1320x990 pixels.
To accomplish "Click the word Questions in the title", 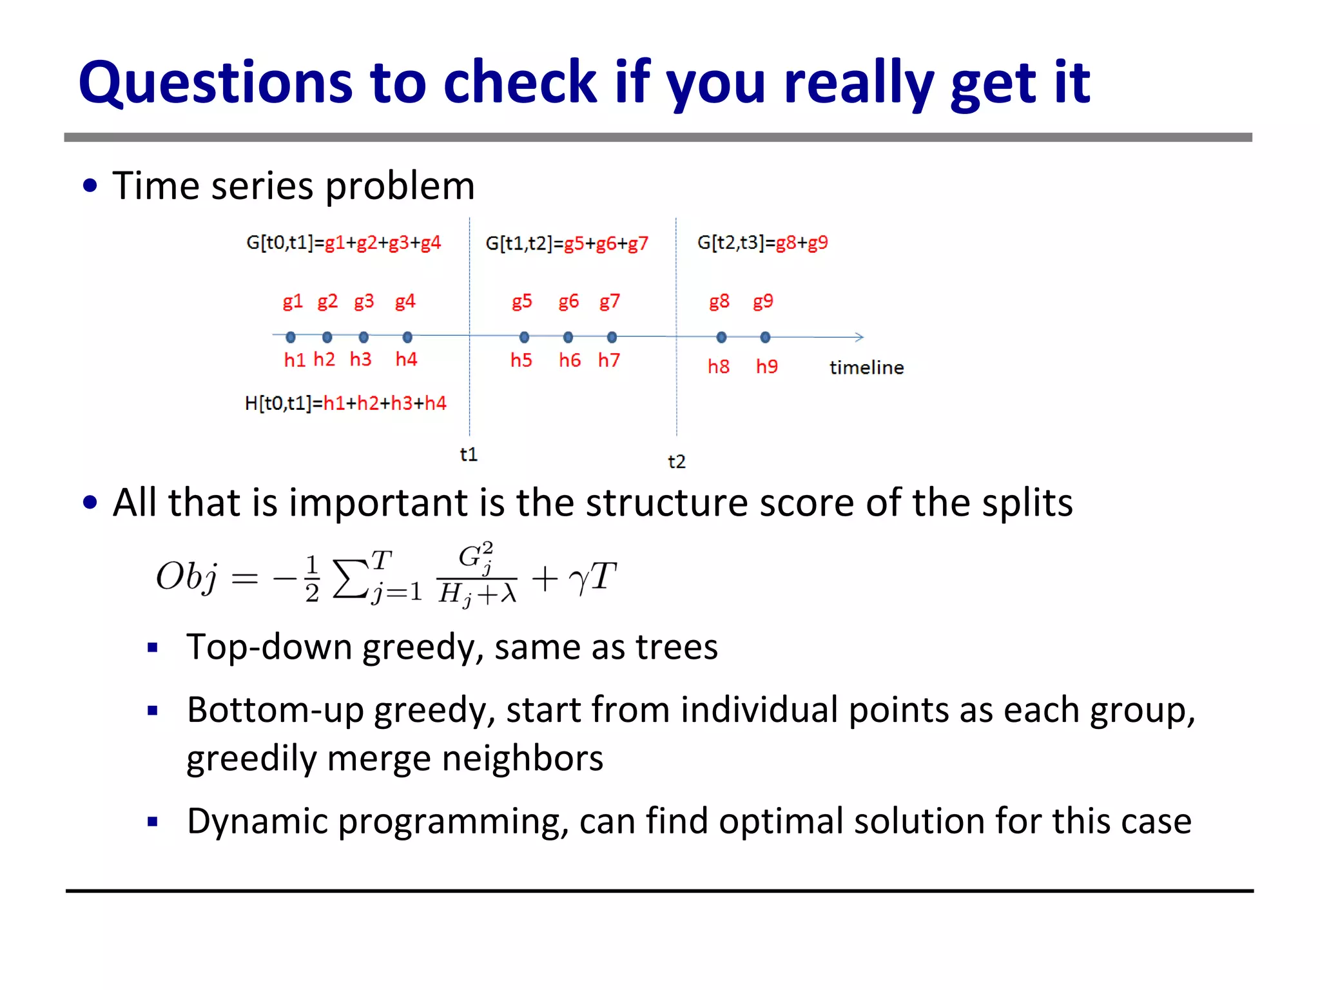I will pos(215,84).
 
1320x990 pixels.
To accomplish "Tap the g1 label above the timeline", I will pos(292,302).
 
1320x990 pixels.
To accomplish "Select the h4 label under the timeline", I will pos(406,359).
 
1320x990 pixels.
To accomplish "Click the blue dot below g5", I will pos(524,337).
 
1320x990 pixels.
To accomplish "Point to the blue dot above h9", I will pos(765,337).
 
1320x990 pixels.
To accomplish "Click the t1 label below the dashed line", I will pos(469,454).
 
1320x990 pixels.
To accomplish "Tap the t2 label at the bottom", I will pos(676,461).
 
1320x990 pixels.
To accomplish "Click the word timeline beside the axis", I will pos(866,367).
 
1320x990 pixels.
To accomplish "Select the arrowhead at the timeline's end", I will pos(859,337).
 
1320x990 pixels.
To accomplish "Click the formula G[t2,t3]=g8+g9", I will pos(762,243).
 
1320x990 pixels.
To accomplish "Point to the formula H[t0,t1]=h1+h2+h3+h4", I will pos(345,403).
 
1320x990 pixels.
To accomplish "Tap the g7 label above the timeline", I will pos(609,302).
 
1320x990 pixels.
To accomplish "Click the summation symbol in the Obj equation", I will pos(350,577).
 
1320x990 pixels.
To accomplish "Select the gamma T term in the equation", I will pos(592,577).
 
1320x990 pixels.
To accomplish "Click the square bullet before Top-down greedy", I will pos(153,648).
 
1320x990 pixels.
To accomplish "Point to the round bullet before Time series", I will pos(90,186).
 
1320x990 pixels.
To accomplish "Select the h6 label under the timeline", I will pos(569,360).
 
